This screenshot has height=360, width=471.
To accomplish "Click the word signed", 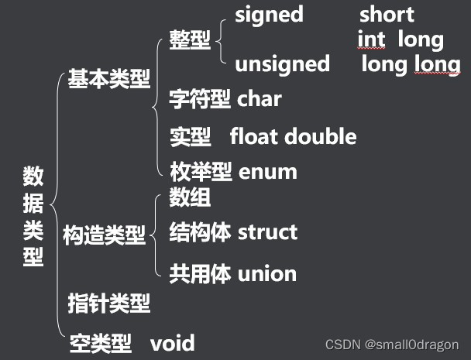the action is click(x=269, y=14).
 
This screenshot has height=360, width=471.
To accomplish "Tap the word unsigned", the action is click(x=282, y=63).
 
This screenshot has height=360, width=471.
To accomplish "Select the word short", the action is click(x=387, y=14).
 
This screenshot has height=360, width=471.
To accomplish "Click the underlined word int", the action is click(x=372, y=39).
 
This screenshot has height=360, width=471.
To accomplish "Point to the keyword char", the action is click(x=260, y=100).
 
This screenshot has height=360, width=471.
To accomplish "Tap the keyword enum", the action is click(x=268, y=171).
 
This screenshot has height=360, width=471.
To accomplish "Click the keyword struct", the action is click(x=267, y=231).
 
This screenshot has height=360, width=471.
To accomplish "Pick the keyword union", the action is click(x=267, y=273).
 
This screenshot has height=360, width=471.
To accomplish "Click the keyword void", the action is click(x=172, y=343).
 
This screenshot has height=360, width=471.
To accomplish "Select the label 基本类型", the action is click(x=109, y=79).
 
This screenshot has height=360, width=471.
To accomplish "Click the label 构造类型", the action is click(x=104, y=235).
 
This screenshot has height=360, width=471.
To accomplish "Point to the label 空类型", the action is click(x=99, y=343).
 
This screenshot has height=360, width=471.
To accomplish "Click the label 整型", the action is click(x=190, y=39).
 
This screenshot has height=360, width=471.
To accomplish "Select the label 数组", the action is click(x=190, y=197).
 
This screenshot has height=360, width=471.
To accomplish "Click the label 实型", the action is click(x=190, y=137).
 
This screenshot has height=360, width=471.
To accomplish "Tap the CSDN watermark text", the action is click(x=391, y=345).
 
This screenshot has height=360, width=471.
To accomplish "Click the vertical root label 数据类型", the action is click(x=33, y=217).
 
